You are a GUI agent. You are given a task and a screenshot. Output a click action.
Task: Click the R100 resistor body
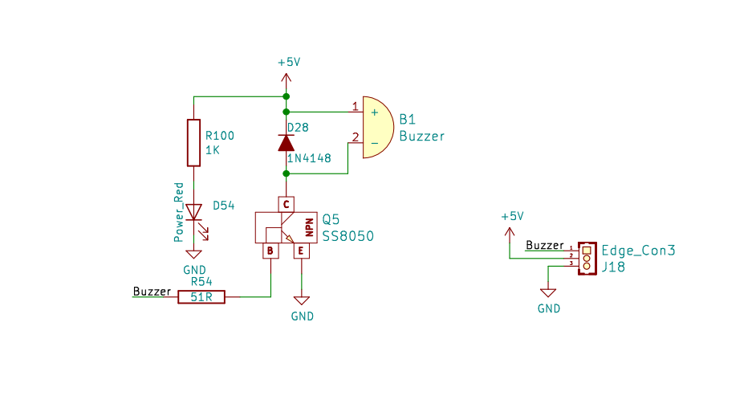[194, 143]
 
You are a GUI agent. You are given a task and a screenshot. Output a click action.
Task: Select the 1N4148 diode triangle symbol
[286, 143]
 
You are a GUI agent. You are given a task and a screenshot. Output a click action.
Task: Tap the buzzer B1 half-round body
[379, 128]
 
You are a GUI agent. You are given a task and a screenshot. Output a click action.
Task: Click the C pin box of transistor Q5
[286, 205]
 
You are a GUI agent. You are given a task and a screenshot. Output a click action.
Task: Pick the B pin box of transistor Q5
[270, 251]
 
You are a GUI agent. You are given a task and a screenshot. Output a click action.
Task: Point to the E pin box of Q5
[301, 251]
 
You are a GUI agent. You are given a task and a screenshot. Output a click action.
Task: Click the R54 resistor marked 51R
[201, 296]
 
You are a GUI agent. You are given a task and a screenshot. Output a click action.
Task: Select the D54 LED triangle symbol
[194, 212]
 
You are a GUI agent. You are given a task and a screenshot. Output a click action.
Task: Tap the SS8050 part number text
[348, 236]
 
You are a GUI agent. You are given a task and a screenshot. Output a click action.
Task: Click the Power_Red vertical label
[179, 212]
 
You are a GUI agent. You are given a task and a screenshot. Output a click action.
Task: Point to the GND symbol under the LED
[194, 254]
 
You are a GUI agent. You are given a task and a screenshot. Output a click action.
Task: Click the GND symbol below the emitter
[301, 300]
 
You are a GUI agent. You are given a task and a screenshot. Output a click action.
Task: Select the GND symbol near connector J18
[548, 292]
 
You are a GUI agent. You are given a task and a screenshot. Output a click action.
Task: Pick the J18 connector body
[587, 259]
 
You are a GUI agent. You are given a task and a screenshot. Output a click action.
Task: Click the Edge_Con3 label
[638, 251]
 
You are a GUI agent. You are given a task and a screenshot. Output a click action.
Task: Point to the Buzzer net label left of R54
[152, 292]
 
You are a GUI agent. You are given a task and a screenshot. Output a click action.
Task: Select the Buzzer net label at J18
[544, 245]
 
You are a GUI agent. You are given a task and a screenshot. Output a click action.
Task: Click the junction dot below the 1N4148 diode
[286, 173]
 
